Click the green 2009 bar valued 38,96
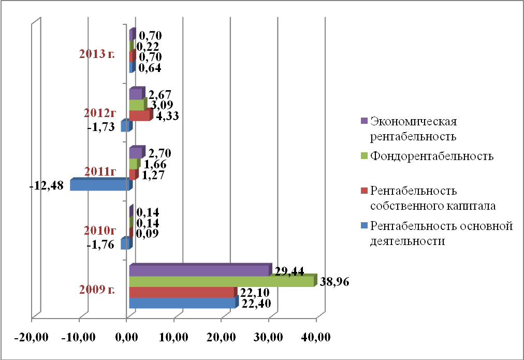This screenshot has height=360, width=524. (222, 282)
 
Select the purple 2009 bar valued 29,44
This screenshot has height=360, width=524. (199, 271)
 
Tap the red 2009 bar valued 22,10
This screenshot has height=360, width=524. (181, 293)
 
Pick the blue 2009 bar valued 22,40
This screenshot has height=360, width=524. (182, 304)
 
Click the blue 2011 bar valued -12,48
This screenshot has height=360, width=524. (99, 185)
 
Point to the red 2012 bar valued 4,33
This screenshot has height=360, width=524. (139, 116)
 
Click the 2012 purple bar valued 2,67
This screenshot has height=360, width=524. (135, 94)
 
